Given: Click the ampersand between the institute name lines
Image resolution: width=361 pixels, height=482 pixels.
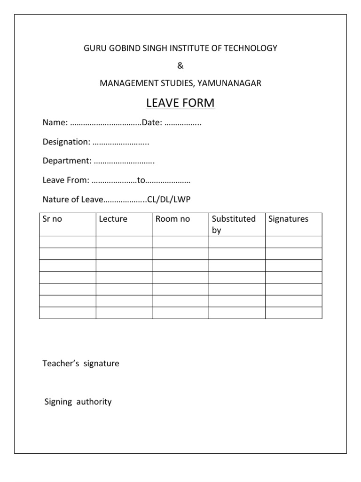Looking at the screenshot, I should pos(180,65).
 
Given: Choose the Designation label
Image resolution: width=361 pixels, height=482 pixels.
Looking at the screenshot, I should pos(66,142).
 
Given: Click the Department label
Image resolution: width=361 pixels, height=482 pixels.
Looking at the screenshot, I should pos(67,161).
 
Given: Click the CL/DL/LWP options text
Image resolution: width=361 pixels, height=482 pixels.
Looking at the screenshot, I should pos(169,200).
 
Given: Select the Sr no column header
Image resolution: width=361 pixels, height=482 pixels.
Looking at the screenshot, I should pos(52,219).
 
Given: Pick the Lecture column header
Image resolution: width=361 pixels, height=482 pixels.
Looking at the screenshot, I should pos(113,219).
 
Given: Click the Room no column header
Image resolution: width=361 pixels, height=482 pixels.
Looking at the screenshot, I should pos(173,219).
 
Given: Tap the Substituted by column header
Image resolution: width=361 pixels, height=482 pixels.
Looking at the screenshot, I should pos(234,225).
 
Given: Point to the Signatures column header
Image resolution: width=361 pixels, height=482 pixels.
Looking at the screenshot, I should pos(288,219).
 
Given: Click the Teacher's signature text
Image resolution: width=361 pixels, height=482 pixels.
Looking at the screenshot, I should pos(81,363).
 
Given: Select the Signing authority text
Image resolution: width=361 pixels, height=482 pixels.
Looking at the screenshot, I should pos(78,402).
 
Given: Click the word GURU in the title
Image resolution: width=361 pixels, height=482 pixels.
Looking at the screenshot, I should pos(94,48).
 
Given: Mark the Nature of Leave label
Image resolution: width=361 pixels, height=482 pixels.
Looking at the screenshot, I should pos(72,200).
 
